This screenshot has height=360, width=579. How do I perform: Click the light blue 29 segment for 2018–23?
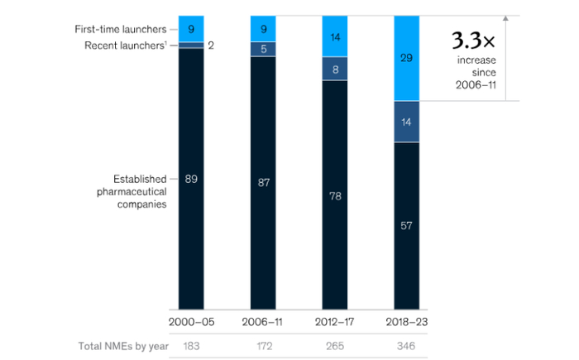tap(406, 58)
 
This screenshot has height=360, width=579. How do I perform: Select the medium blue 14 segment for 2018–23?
tap(406, 122)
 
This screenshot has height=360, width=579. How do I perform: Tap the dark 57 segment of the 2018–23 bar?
tap(406, 225)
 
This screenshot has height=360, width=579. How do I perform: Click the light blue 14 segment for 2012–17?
tap(334, 36)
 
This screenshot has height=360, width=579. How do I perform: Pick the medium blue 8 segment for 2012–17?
tap(334, 69)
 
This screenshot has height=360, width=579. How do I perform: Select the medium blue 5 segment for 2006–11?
tap(263, 49)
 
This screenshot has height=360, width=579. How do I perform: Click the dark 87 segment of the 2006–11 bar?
tap(263, 182)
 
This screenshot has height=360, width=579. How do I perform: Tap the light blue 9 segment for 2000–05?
tap(191, 28)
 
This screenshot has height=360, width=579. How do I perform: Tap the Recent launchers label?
tap(123, 45)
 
